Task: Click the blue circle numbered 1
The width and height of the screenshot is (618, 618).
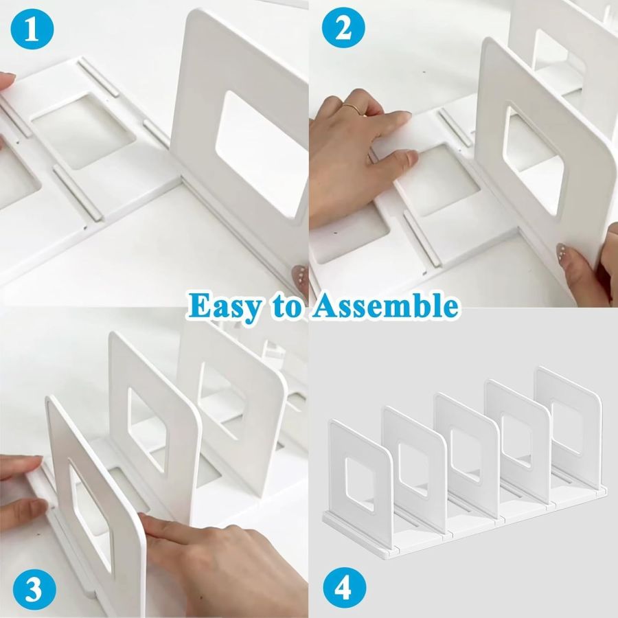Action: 32,29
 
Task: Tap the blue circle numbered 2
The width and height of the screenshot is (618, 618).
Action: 343,29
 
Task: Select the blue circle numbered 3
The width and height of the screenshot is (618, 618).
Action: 34,589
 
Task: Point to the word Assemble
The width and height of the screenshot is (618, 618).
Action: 385,306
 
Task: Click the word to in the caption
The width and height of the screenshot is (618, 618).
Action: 286,307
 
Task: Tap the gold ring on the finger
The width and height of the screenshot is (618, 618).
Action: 352,108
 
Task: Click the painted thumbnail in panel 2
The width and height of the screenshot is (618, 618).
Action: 564,251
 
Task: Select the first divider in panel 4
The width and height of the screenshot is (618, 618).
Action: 359,481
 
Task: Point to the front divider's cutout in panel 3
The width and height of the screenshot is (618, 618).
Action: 91,512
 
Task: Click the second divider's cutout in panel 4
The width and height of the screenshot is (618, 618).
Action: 413,470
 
